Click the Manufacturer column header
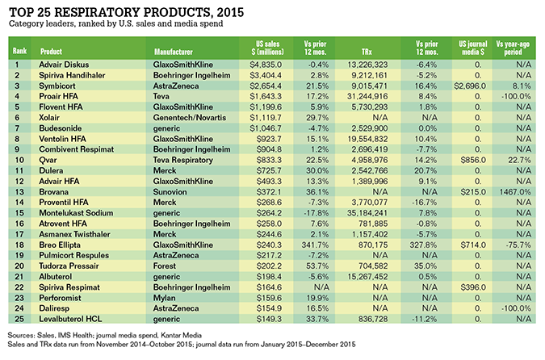click(173, 52)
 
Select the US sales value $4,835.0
click(266, 65)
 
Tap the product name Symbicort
click(57, 86)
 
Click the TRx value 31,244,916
click(367, 96)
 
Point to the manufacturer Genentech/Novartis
click(190, 118)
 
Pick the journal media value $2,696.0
click(470, 86)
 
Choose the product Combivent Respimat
click(77, 149)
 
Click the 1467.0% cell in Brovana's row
click(515, 192)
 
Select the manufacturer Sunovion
click(170, 192)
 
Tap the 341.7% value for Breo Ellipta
click(315, 245)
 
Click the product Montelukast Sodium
click(76, 213)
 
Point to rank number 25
click(19, 319)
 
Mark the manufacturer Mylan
click(165, 298)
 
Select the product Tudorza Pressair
click(69, 266)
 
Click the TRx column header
click(367, 52)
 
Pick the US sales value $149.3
click(269, 319)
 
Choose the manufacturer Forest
click(165, 266)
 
